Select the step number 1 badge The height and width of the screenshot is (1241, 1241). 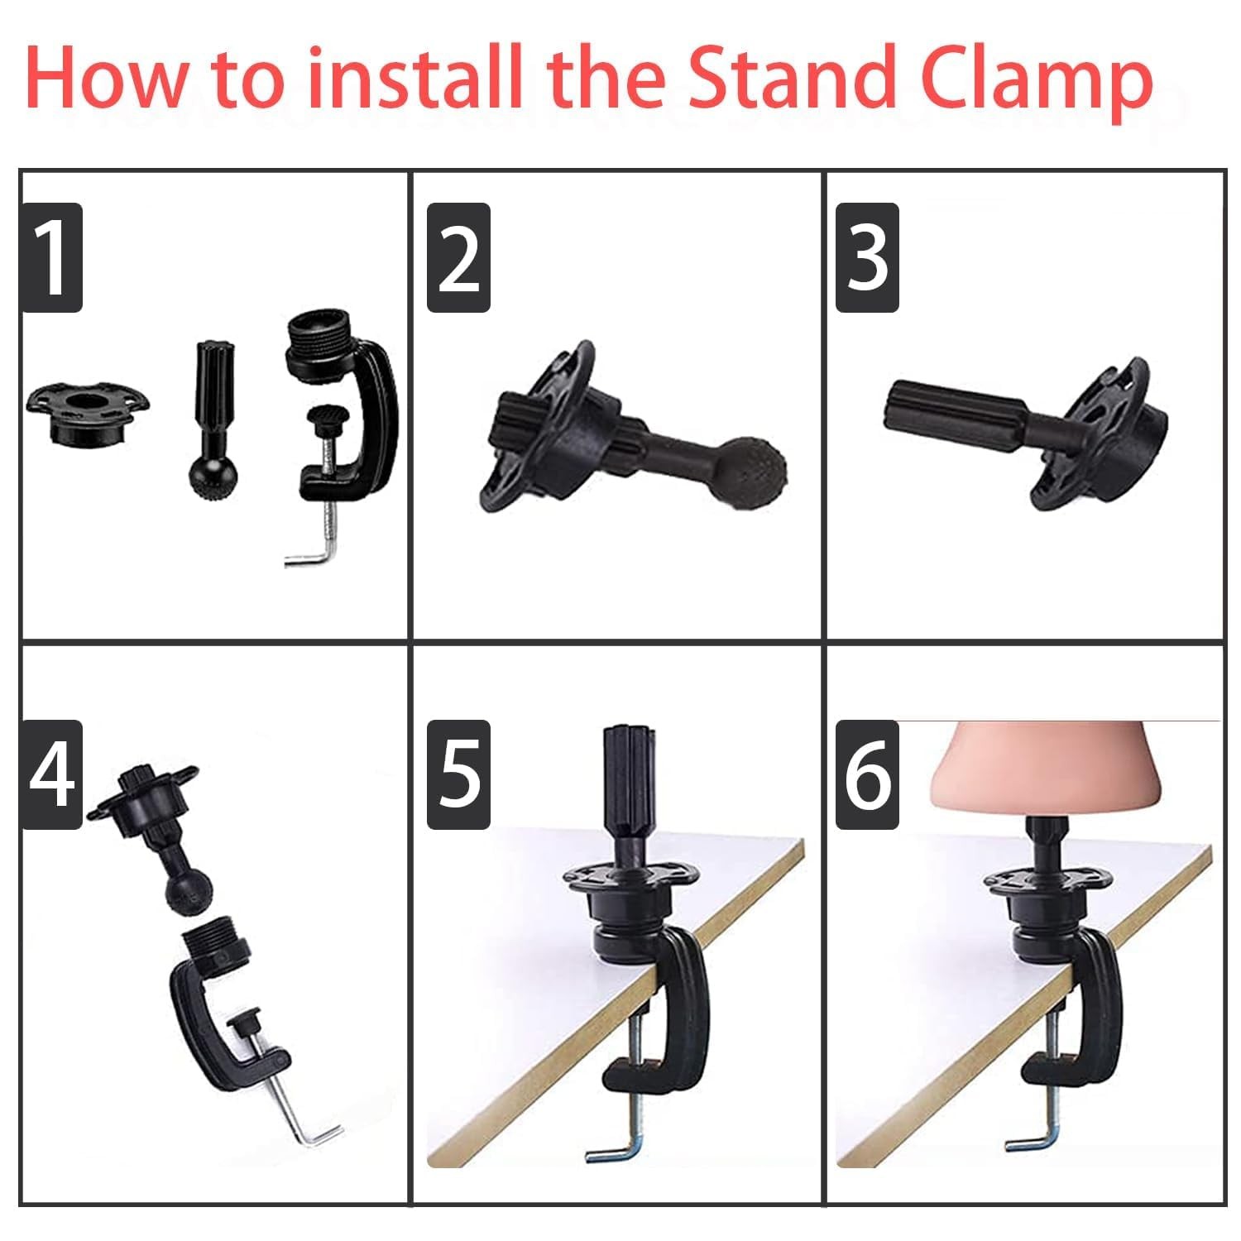coord(52,257)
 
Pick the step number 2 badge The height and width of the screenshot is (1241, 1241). coord(458,257)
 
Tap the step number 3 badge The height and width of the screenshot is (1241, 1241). coord(867,257)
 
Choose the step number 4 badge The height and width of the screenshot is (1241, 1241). coord(52,774)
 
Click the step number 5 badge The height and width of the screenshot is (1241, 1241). coord(458,774)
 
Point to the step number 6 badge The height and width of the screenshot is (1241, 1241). coord(867,774)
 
